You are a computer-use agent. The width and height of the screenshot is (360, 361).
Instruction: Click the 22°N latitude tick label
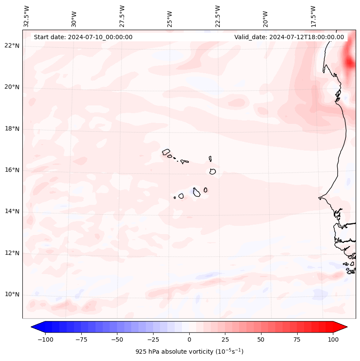(x=12, y=46)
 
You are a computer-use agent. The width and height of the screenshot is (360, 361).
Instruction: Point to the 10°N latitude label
(x=12, y=295)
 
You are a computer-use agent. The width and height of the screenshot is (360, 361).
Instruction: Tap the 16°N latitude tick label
(x=12, y=170)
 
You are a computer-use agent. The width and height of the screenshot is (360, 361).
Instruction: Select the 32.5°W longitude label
(x=27, y=16)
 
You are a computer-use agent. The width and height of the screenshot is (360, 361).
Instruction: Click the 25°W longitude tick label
(x=170, y=16)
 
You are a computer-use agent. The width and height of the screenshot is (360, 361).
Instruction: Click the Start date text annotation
(x=83, y=37)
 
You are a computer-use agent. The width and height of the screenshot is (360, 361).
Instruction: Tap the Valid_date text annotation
(x=289, y=37)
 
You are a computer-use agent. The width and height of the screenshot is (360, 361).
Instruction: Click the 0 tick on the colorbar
(x=189, y=339)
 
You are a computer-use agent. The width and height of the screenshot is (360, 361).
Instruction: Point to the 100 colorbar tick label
(x=333, y=339)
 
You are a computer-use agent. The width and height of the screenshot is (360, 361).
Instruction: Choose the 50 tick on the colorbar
(x=261, y=339)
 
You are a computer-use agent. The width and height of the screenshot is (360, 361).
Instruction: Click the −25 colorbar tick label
(x=153, y=339)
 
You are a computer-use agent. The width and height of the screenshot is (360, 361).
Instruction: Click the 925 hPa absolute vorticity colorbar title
(x=189, y=352)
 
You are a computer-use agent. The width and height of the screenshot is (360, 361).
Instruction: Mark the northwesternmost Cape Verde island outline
(x=166, y=151)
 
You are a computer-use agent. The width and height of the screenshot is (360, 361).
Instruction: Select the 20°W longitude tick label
(x=266, y=16)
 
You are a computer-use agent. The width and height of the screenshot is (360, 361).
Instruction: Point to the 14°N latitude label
(x=12, y=212)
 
